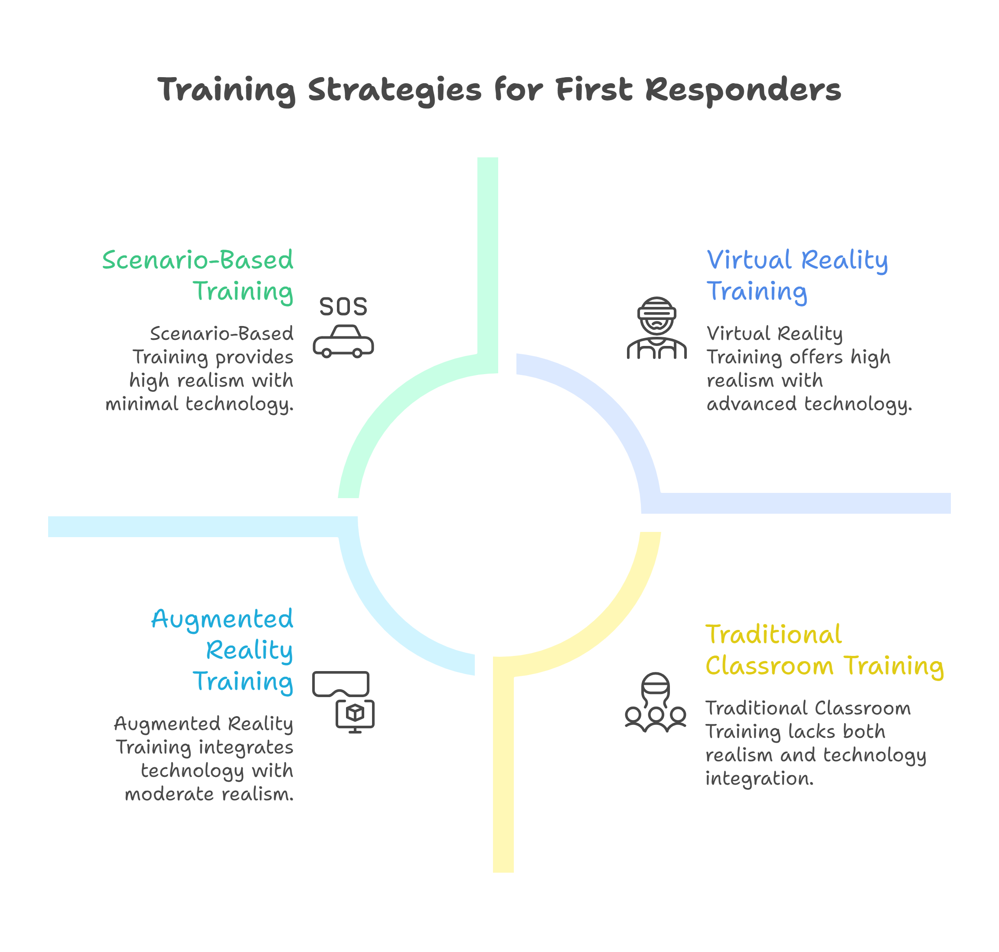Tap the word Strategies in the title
(x=395, y=90)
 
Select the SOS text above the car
(x=343, y=307)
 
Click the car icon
(x=343, y=342)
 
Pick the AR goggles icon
(x=341, y=684)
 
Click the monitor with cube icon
(x=356, y=716)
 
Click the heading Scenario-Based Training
(x=198, y=276)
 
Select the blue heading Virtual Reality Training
(x=797, y=276)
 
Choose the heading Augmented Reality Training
(x=223, y=650)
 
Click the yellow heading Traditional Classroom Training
(x=824, y=650)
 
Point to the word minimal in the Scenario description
(x=142, y=404)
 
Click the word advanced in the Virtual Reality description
(x=751, y=404)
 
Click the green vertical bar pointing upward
(x=487, y=254)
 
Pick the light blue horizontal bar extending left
(x=193, y=526)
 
